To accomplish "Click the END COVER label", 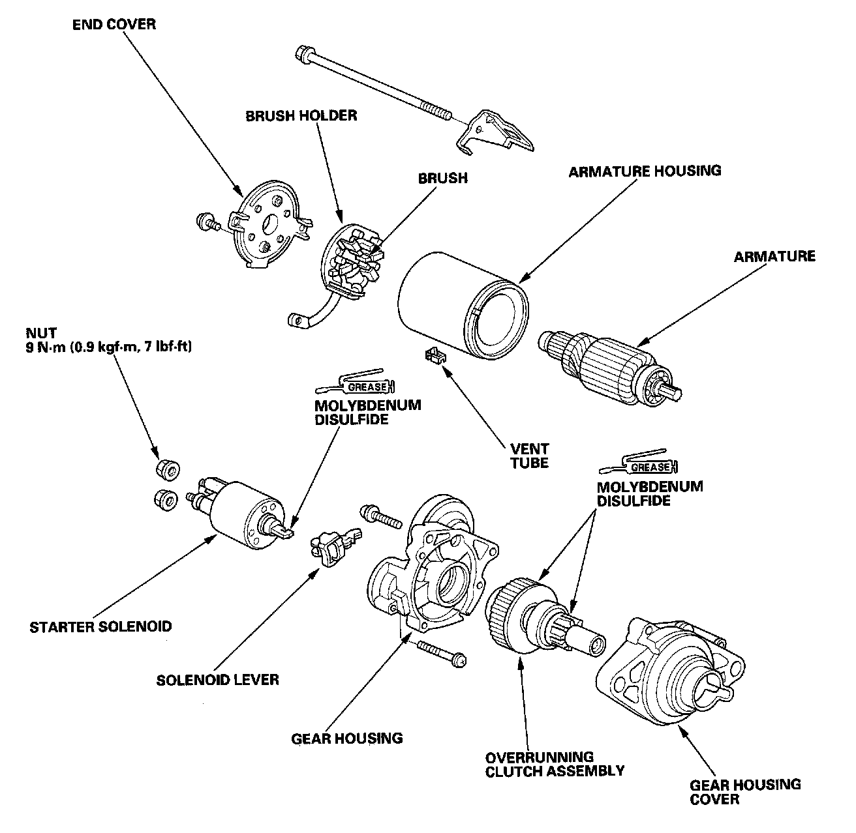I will pyautogui.click(x=114, y=25).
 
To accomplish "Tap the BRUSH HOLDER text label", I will pyautogui.click(x=301, y=115).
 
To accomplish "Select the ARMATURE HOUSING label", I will pyautogui.click(x=645, y=171).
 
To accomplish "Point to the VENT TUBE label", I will pyautogui.click(x=529, y=456).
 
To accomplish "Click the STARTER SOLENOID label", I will pyautogui.click(x=101, y=627).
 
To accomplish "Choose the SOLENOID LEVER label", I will pyautogui.click(x=217, y=680).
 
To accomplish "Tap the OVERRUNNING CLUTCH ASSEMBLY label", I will pyautogui.click(x=555, y=764).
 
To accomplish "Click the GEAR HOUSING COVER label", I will pyautogui.click(x=746, y=791).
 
